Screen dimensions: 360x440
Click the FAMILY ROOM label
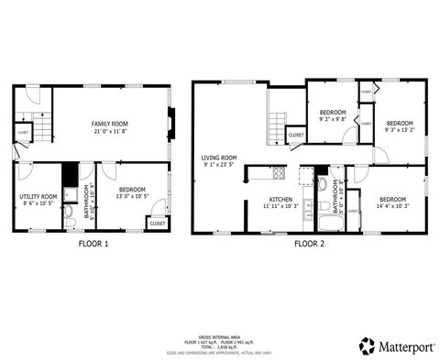pos(108,123)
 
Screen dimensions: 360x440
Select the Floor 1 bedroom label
pos(132,188)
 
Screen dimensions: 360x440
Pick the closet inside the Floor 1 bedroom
pos(157,223)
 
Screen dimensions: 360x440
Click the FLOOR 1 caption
pos(93,245)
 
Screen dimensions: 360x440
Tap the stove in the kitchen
pos(279,172)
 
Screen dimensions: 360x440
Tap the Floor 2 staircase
pos(277,123)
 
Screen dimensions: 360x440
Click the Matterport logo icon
pos(367,345)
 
